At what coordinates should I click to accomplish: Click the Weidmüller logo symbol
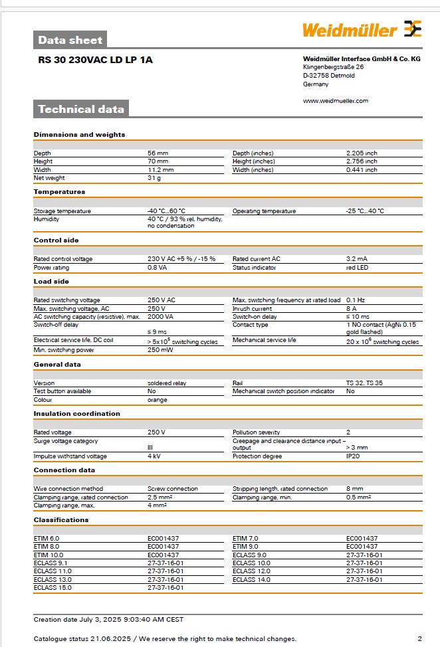tap(412, 29)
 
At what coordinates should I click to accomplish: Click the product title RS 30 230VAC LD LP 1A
tap(95, 60)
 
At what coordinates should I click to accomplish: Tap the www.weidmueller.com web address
tap(335, 101)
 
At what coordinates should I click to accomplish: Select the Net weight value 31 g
tap(154, 177)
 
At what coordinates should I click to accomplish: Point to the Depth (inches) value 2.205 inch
tap(362, 153)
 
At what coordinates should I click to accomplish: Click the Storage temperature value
tap(166, 211)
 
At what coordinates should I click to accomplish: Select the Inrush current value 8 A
tap(352, 309)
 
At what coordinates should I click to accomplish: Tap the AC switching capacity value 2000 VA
tap(160, 317)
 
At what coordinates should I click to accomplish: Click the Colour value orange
tap(158, 400)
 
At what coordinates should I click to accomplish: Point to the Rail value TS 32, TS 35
tap(364, 383)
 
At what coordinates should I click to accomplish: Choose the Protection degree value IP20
tap(353, 456)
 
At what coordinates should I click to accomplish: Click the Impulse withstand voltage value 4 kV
tap(154, 456)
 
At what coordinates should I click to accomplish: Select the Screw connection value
tap(171, 489)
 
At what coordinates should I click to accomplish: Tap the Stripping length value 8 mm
tap(354, 489)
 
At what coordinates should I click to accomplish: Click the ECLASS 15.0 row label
tap(53, 587)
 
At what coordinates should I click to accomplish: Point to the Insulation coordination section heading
tap(77, 413)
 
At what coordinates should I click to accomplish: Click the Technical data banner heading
tap(80, 109)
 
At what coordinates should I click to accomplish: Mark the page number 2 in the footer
tap(419, 638)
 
